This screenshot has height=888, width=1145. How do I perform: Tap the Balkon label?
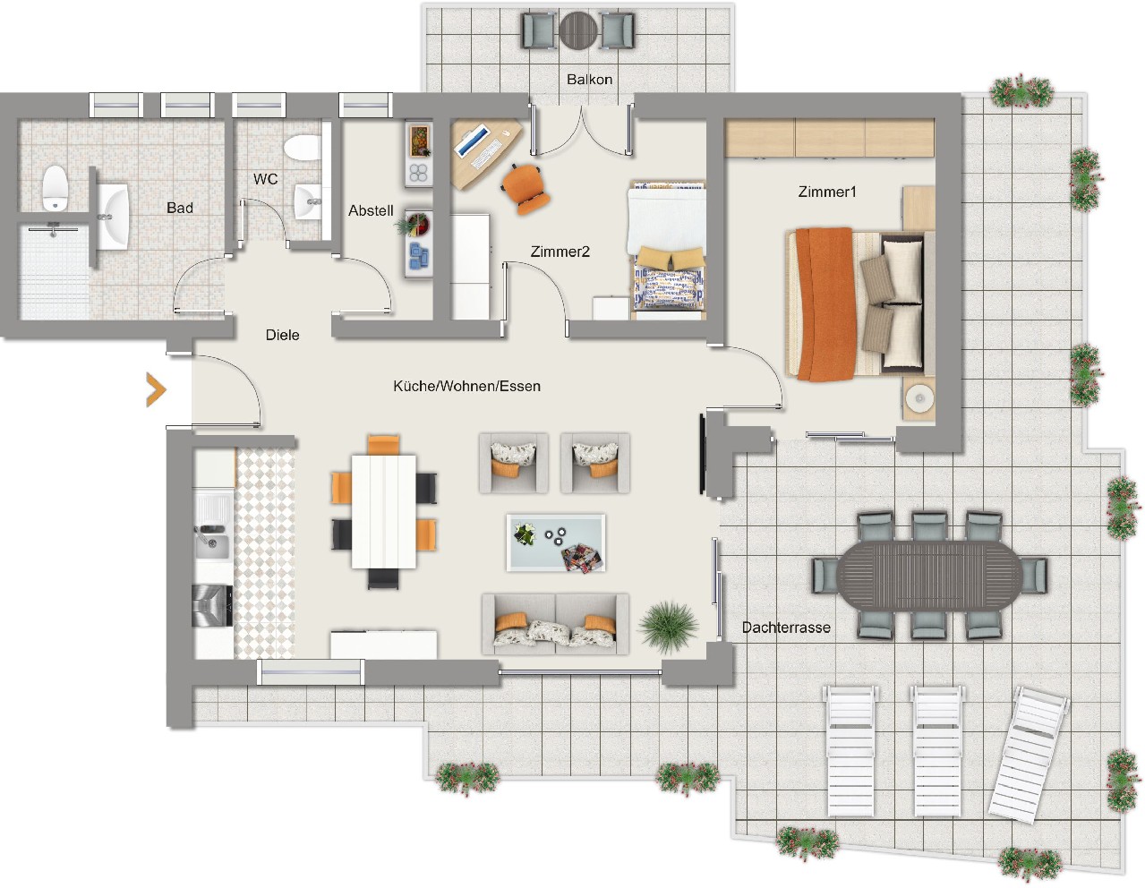(x=589, y=80)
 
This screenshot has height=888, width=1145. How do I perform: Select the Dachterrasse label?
(x=786, y=628)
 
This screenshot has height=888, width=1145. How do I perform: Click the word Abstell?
(x=371, y=210)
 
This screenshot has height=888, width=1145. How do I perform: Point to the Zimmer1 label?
(x=826, y=192)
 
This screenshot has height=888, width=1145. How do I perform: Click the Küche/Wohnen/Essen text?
(x=466, y=386)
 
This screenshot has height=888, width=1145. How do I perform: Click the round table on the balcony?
(x=578, y=30)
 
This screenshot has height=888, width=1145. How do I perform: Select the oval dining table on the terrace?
(x=929, y=576)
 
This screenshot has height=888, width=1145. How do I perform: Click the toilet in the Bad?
(x=54, y=188)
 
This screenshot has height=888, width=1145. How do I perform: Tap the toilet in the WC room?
(x=303, y=148)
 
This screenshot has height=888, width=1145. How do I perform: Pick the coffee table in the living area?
(x=555, y=543)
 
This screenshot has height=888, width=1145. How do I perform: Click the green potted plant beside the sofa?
(x=669, y=627)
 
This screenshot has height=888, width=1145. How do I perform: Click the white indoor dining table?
(x=383, y=511)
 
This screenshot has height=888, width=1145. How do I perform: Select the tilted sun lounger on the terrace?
(x=1030, y=755)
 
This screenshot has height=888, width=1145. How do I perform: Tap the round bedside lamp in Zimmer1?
(x=919, y=398)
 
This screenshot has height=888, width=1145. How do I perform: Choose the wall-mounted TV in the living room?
(x=703, y=455)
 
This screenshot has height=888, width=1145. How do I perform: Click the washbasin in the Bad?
(x=114, y=217)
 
